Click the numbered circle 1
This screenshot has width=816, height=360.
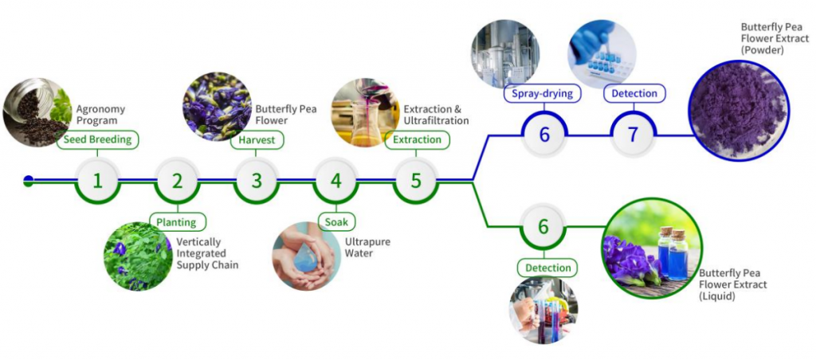[97, 181]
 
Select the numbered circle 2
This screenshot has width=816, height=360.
[177, 181]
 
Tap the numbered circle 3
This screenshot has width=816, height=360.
[257, 181]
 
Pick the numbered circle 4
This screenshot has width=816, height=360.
[336, 181]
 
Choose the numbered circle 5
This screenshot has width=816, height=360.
[416, 181]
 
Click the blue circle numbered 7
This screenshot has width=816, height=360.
[634, 135]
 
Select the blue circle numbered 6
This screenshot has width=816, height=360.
[544, 135]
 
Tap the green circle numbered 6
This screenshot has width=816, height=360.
[543, 227]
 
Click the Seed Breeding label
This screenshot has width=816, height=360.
[98, 140]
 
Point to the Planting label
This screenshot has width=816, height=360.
[177, 222]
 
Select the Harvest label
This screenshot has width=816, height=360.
[257, 140]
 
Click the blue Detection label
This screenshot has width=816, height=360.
[634, 94]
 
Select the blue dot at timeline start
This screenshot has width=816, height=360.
[29, 181]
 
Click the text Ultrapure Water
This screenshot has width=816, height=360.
[367, 247]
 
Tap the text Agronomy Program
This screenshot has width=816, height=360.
[100, 115]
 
